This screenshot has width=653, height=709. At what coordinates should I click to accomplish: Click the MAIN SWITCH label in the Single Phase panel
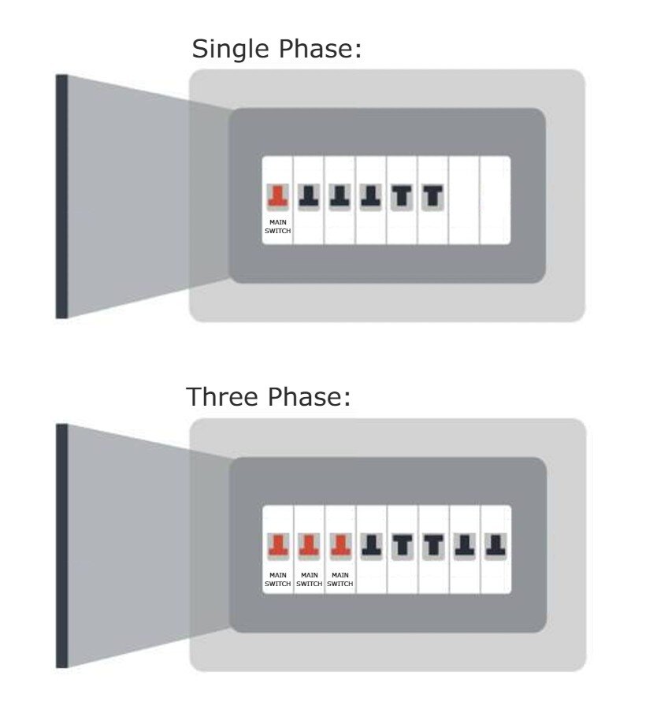click(x=277, y=227)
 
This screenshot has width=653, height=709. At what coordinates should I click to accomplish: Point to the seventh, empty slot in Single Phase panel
click(x=464, y=200)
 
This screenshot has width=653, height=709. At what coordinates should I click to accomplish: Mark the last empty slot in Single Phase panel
click(x=495, y=200)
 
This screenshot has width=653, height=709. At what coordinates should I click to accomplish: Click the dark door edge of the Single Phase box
click(x=61, y=197)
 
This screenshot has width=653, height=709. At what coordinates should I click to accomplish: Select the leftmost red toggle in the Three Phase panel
click(x=277, y=546)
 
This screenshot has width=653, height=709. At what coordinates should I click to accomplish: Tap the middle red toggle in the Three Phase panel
click(x=309, y=546)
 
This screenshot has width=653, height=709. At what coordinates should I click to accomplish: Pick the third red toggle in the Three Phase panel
click(x=339, y=546)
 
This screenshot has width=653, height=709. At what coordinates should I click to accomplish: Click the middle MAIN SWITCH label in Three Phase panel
click(x=309, y=580)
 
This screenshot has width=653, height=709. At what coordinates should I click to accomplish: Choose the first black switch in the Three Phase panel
click(x=371, y=546)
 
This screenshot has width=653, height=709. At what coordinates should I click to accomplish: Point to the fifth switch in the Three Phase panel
click(x=402, y=546)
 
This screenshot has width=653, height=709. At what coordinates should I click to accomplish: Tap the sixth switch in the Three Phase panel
click(x=433, y=546)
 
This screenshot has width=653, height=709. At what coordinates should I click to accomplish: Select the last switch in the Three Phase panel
click(x=495, y=546)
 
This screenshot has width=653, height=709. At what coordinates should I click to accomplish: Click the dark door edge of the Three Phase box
click(x=61, y=546)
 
